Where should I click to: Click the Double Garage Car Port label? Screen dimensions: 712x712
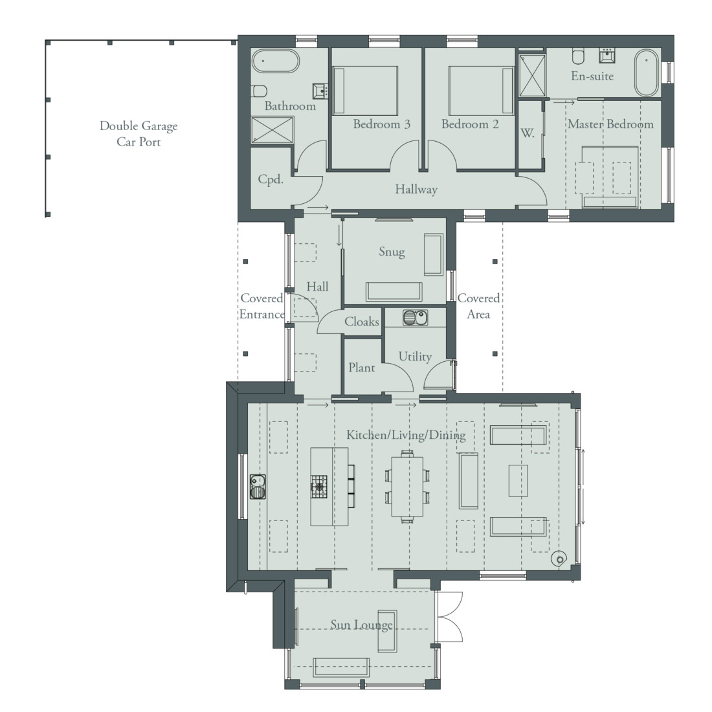point(138,133)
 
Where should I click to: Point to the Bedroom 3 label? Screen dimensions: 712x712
point(381,124)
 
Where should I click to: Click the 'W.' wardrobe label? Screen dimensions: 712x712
point(528,134)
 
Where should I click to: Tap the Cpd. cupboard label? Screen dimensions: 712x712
point(271,180)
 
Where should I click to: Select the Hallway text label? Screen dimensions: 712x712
point(416,190)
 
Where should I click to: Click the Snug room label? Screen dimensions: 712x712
point(392,252)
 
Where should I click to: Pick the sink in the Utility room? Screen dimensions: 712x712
point(414,318)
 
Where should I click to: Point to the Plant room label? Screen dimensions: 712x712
point(361,368)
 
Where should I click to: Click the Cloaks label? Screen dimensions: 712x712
point(361,322)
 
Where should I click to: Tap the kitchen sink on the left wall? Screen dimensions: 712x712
point(258,486)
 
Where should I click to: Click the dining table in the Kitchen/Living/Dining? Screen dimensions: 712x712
point(406,485)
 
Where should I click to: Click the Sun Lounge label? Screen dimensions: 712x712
point(361,625)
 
